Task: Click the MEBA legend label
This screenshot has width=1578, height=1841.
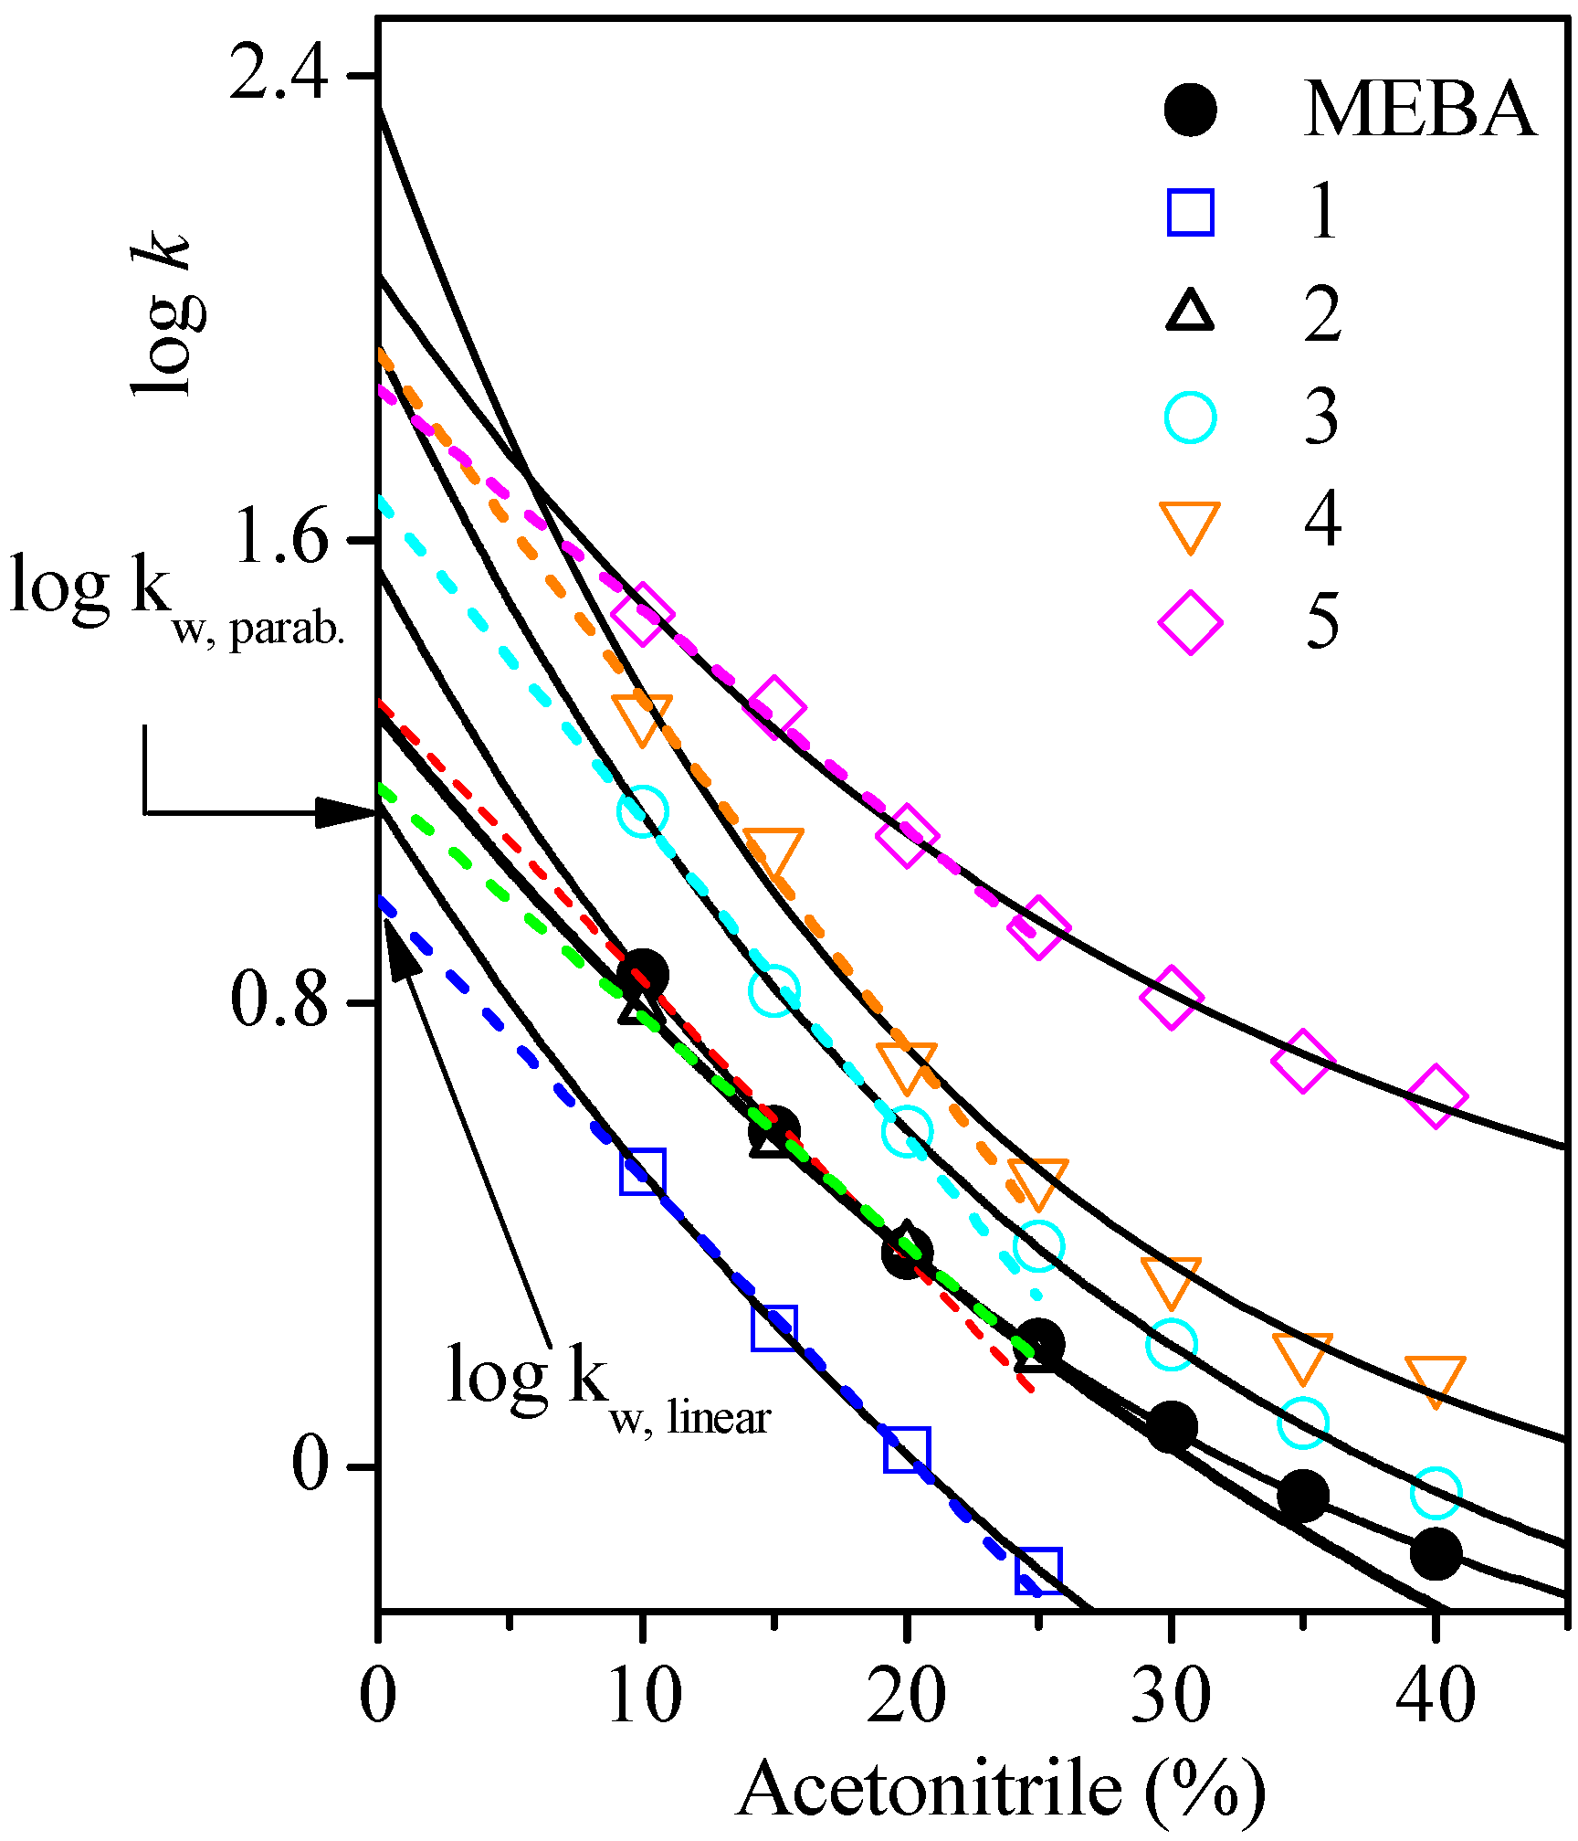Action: click(1420, 111)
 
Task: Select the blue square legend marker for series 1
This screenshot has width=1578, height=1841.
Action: click(1191, 213)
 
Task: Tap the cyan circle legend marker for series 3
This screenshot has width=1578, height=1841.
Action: click(1191, 418)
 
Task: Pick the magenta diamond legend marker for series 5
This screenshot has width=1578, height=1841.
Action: click(1191, 622)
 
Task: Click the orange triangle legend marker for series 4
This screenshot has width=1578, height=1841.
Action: click(1191, 524)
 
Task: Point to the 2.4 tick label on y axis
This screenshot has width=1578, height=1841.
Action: click(279, 75)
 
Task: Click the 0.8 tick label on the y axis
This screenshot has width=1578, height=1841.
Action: click(279, 1001)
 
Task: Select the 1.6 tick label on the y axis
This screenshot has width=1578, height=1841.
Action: click(279, 538)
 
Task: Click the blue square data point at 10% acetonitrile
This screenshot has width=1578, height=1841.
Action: click(642, 1172)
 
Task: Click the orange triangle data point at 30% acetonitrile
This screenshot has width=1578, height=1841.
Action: click(1171, 1279)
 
